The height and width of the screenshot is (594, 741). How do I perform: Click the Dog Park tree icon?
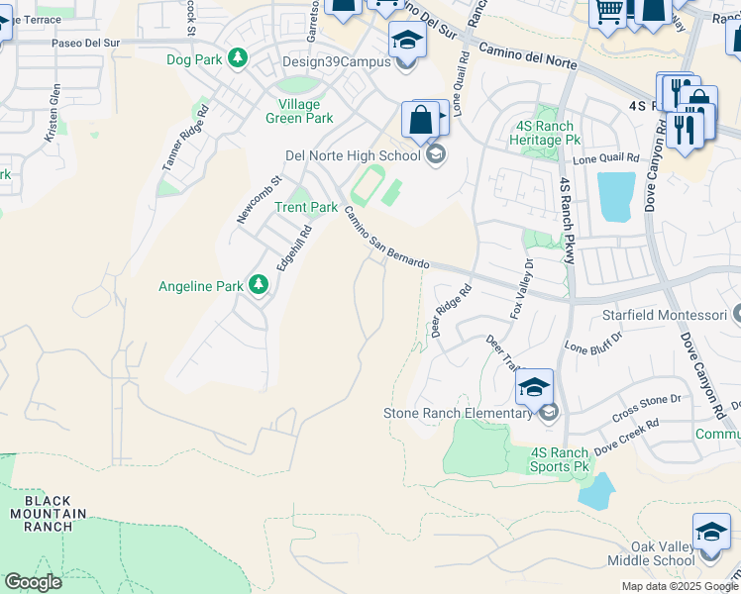[237, 59]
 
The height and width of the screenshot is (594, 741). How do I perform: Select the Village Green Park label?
[298, 111]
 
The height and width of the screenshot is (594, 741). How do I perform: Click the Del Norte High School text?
[352, 155]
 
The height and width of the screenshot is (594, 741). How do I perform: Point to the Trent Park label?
[306, 207]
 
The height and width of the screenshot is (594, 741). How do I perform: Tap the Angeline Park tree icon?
[259, 286]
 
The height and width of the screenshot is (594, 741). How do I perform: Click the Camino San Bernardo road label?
[385, 238]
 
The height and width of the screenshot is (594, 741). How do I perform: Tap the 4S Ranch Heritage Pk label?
[548, 133]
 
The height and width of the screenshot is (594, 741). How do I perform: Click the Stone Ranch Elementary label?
[459, 413]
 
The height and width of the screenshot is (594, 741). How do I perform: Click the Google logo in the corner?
[33, 582]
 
